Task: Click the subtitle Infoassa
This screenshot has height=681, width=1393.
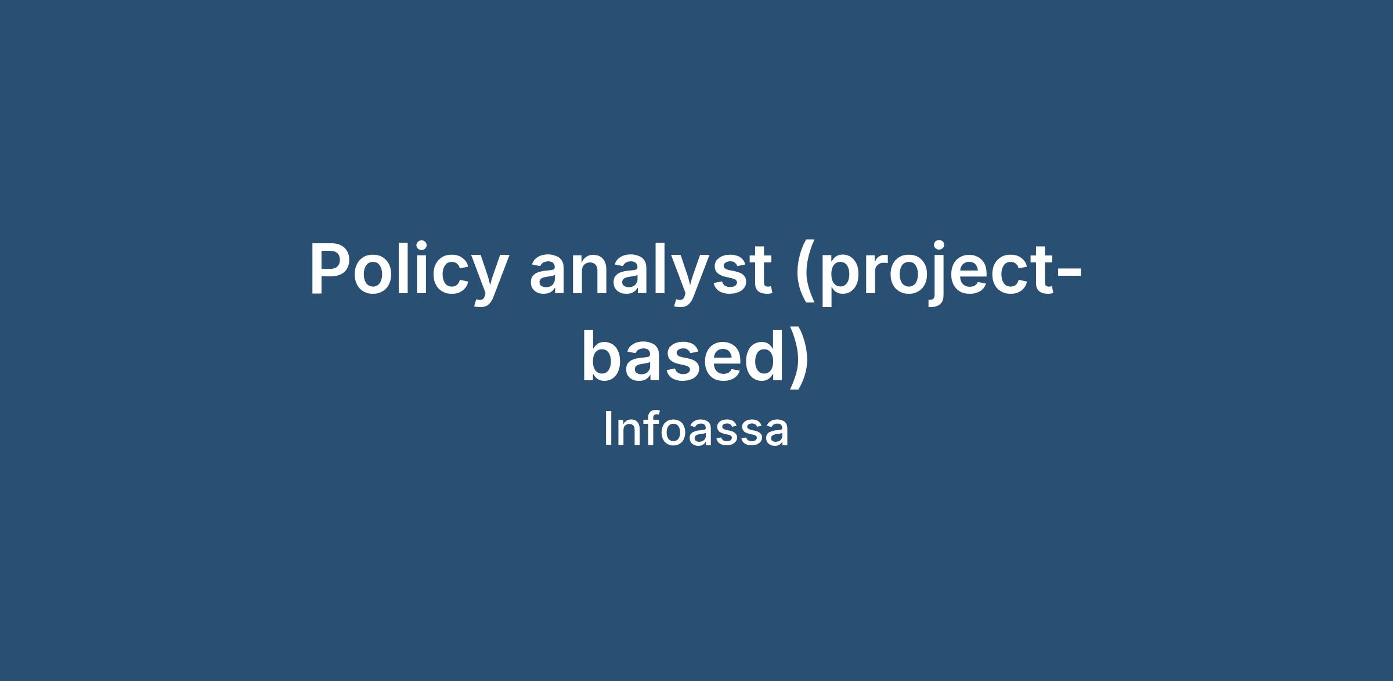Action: click(x=696, y=430)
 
